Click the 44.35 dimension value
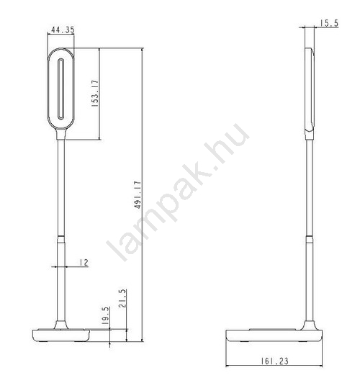click(63, 30)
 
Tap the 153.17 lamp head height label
click(95, 94)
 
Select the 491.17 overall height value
click(138, 194)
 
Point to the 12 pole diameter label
click(84, 263)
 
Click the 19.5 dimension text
click(106, 315)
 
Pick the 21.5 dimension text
click(123, 298)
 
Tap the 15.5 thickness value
click(329, 23)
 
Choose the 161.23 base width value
click(274, 361)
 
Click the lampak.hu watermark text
click(178, 192)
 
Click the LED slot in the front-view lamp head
click(60, 89)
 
